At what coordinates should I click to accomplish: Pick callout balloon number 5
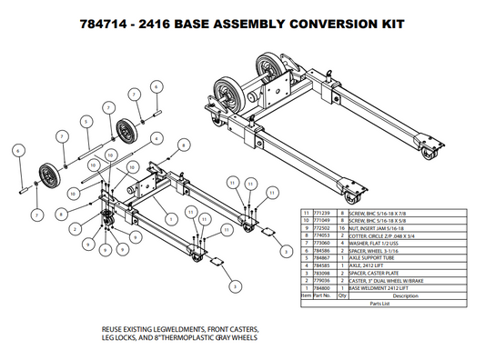[86, 120]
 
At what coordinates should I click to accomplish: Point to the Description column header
[392, 295]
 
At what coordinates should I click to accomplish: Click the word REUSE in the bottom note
[114, 328]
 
